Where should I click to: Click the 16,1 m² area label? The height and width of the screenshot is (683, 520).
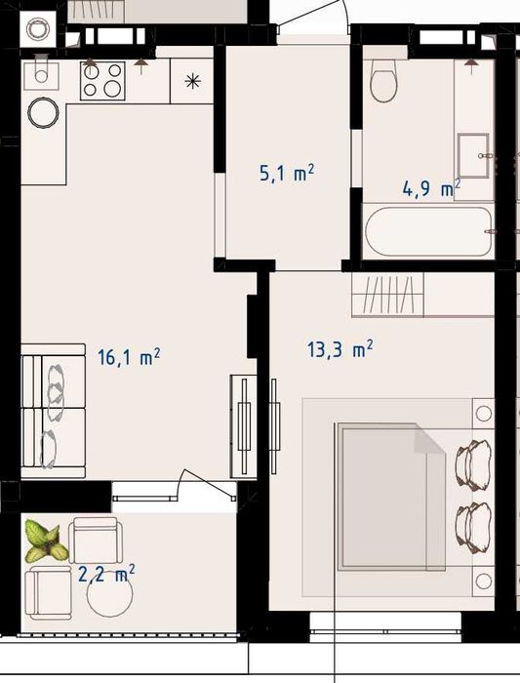[129, 357]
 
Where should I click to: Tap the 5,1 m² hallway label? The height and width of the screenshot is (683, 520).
[287, 173]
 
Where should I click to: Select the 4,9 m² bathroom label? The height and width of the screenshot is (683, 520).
[431, 188]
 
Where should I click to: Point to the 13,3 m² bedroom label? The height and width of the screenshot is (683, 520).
[340, 349]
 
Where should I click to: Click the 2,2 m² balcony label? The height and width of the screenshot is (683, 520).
[106, 574]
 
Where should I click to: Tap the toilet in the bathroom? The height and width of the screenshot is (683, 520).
[383, 81]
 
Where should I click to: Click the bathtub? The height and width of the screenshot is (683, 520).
[428, 231]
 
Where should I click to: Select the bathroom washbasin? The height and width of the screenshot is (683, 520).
[473, 155]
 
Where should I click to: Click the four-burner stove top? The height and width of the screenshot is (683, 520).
[102, 81]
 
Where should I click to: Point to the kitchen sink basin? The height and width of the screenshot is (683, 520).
[41, 76]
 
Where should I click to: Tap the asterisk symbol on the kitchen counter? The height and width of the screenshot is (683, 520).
[192, 81]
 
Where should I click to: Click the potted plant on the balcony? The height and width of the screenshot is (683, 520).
[46, 541]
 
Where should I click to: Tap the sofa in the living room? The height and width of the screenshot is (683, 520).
[53, 411]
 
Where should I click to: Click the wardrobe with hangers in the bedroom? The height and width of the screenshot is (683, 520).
[387, 295]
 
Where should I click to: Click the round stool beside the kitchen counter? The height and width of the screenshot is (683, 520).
[43, 112]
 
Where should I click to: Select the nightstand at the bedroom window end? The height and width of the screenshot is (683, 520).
[484, 581]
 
